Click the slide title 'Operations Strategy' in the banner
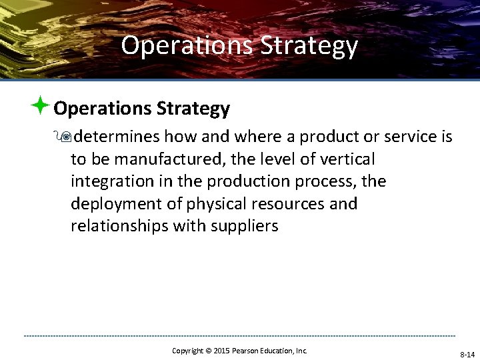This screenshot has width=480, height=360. click(239, 46)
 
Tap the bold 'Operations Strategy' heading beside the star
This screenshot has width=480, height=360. click(141, 108)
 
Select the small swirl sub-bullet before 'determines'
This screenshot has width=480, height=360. click(65, 137)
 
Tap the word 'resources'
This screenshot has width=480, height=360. click(293, 203)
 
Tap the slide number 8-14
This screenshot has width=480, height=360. click(467, 355)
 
